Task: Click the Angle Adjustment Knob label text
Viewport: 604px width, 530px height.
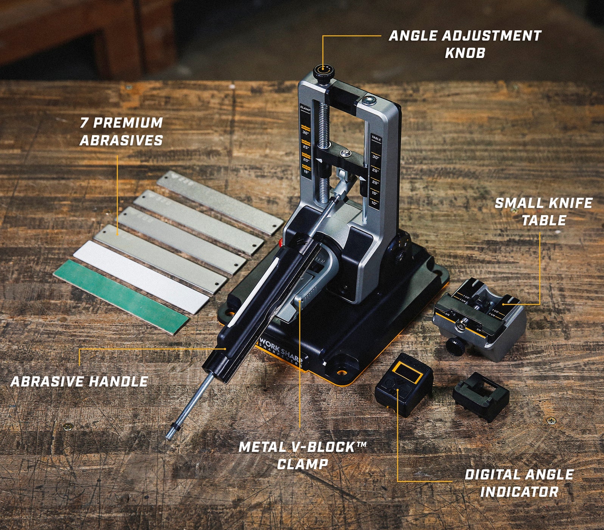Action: click(465, 44)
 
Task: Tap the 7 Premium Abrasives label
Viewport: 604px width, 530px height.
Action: click(121, 131)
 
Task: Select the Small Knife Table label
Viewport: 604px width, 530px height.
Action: click(543, 212)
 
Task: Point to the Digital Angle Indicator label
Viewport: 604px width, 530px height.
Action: click(519, 483)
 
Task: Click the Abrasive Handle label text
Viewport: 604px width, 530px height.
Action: click(79, 381)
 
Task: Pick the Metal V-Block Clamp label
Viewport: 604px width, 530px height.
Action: click(303, 455)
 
